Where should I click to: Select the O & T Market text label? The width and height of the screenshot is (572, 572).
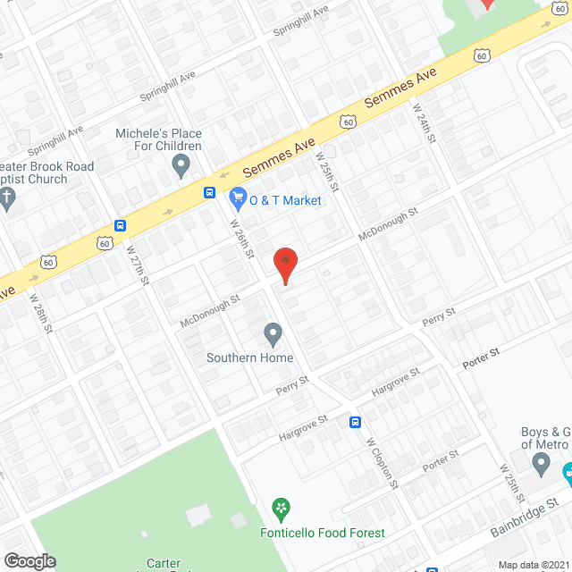pyautogui.click(x=285, y=200)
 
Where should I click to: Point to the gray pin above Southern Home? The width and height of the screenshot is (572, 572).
pyautogui.click(x=273, y=335)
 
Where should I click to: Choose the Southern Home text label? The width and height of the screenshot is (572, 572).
pyautogui.click(x=249, y=358)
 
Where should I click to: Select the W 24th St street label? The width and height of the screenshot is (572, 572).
pyautogui.click(x=423, y=125)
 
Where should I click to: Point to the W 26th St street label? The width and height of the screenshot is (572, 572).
pyautogui.click(x=242, y=240)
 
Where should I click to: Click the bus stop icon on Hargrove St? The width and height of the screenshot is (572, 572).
pyautogui.click(x=355, y=422)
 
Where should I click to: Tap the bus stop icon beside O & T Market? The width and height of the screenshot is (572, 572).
pyautogui.click(x=209, y=192)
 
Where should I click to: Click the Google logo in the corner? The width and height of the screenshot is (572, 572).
pyautogui.click(x=29, y=560)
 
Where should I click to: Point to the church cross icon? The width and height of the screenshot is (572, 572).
pyautogui.click(x=8, y=199)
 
